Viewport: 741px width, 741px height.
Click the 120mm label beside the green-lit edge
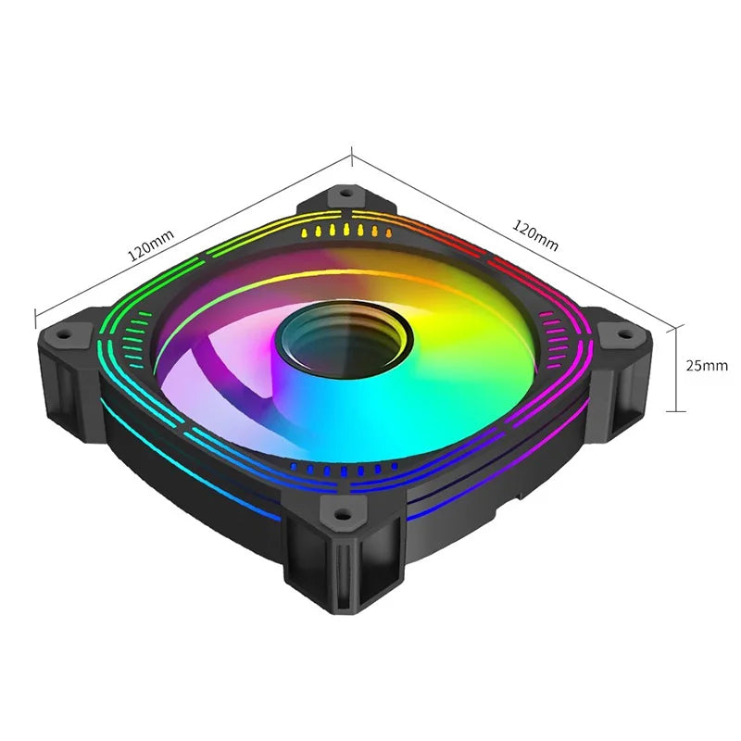(151, 247)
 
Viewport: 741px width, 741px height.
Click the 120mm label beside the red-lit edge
(534, 236)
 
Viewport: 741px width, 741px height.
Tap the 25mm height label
(707, 365)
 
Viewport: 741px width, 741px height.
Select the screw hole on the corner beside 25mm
(614, 332)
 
